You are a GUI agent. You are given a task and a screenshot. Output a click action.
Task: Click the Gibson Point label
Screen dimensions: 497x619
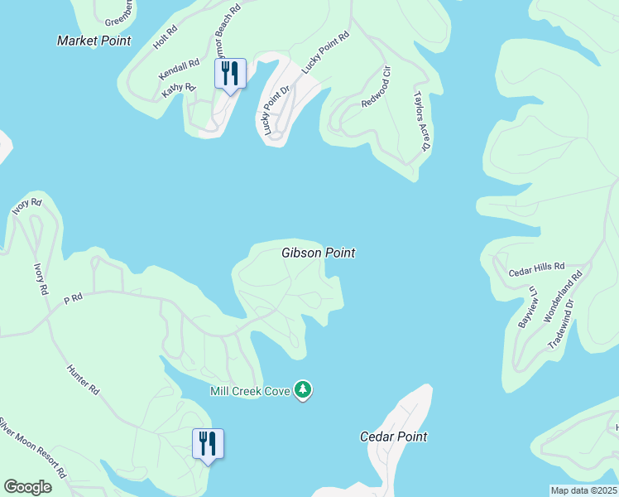(319, 253)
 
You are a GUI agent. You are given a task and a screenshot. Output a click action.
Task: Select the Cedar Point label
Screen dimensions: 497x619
(394, 437)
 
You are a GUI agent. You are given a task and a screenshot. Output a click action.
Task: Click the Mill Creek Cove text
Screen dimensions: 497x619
(250, 391)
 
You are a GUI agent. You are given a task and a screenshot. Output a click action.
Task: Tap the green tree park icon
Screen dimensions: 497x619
(304, 390)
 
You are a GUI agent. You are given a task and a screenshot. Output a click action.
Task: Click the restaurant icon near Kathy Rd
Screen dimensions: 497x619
(229, 75)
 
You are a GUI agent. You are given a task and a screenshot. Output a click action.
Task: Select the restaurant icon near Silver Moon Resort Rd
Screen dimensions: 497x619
(207, 444)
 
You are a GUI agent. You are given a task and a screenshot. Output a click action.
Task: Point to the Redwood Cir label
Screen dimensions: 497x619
(376, 93)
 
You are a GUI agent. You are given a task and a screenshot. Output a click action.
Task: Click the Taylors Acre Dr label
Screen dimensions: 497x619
(423, 121)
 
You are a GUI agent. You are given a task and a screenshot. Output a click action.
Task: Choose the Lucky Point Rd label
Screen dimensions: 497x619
(326, 52)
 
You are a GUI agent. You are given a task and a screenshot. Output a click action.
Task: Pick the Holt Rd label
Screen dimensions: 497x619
(166, 38)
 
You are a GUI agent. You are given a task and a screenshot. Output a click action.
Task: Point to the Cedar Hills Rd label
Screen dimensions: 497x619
(536, 269)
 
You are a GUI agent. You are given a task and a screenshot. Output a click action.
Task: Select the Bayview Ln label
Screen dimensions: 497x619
(526, 306)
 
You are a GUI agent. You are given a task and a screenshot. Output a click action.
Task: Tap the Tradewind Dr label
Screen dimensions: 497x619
(568, 328)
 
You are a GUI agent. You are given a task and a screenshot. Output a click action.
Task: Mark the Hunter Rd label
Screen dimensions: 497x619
(84, 378)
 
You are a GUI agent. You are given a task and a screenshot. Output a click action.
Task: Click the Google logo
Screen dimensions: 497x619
(28, 487)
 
